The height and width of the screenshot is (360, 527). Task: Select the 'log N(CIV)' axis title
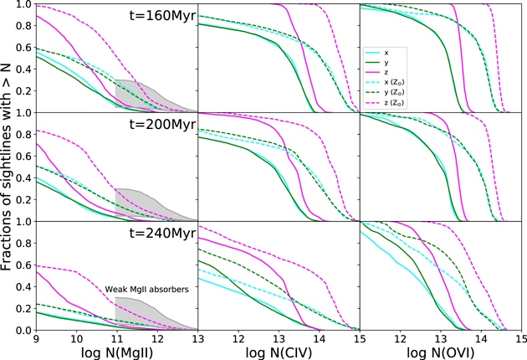point(278,352)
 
